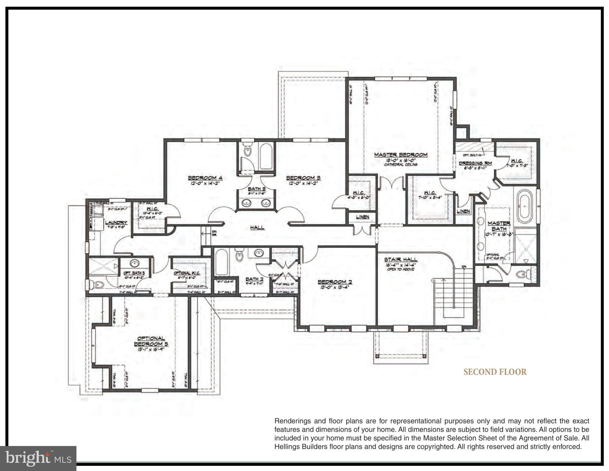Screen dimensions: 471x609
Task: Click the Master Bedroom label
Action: click(x=400, y=155)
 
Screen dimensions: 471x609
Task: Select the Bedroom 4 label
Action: click(x=205, y=178)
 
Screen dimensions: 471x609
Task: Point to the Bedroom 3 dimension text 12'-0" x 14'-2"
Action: click(x=303, y=184)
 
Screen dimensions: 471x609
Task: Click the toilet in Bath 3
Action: click(x=248, y=151)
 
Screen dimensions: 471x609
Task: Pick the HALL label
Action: click(x=257, y=227)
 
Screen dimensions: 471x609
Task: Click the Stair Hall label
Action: click(x=400, y=260)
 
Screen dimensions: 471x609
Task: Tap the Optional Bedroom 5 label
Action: click(x=151, y=341)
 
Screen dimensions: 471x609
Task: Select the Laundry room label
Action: click(x=116, y=223)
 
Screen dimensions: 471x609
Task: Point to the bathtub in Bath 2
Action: click(x=221, y=262)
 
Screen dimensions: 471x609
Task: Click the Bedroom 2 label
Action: click(x=335, y=282)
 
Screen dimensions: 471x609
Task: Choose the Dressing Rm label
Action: click(x=475, y=163)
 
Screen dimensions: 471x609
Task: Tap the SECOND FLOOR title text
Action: click(x=495, y=372)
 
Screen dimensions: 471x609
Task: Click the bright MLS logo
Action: click(x=38, y=458)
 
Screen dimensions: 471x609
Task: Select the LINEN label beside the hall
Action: click(x=362, y=217)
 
